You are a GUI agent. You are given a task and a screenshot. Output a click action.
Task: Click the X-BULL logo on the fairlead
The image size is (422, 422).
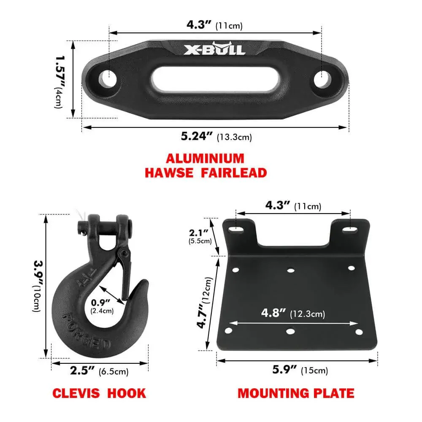click(214, 49)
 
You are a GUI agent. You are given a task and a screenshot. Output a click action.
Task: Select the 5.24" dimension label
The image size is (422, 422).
click(197, 136)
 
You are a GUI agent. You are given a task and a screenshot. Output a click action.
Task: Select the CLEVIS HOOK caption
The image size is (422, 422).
click(99, 393)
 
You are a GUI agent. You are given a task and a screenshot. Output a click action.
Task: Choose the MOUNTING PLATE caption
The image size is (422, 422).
click(296, 393)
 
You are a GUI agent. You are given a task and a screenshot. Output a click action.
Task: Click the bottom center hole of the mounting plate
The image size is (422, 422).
click(290, 331)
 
